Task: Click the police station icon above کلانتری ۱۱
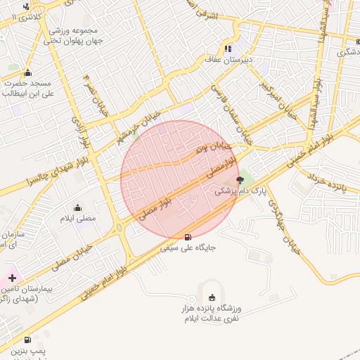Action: [x=27, y=6]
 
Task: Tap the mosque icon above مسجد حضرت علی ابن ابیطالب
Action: [x=27, y=72]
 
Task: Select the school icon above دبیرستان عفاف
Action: [x=228, y=49]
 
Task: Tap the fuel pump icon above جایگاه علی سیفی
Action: [x=188, y=236]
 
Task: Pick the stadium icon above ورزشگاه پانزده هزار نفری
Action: [x=213, y=297]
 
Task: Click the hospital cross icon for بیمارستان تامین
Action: [x=12, y=278]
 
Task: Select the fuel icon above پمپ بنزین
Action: [x=27, y=339]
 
